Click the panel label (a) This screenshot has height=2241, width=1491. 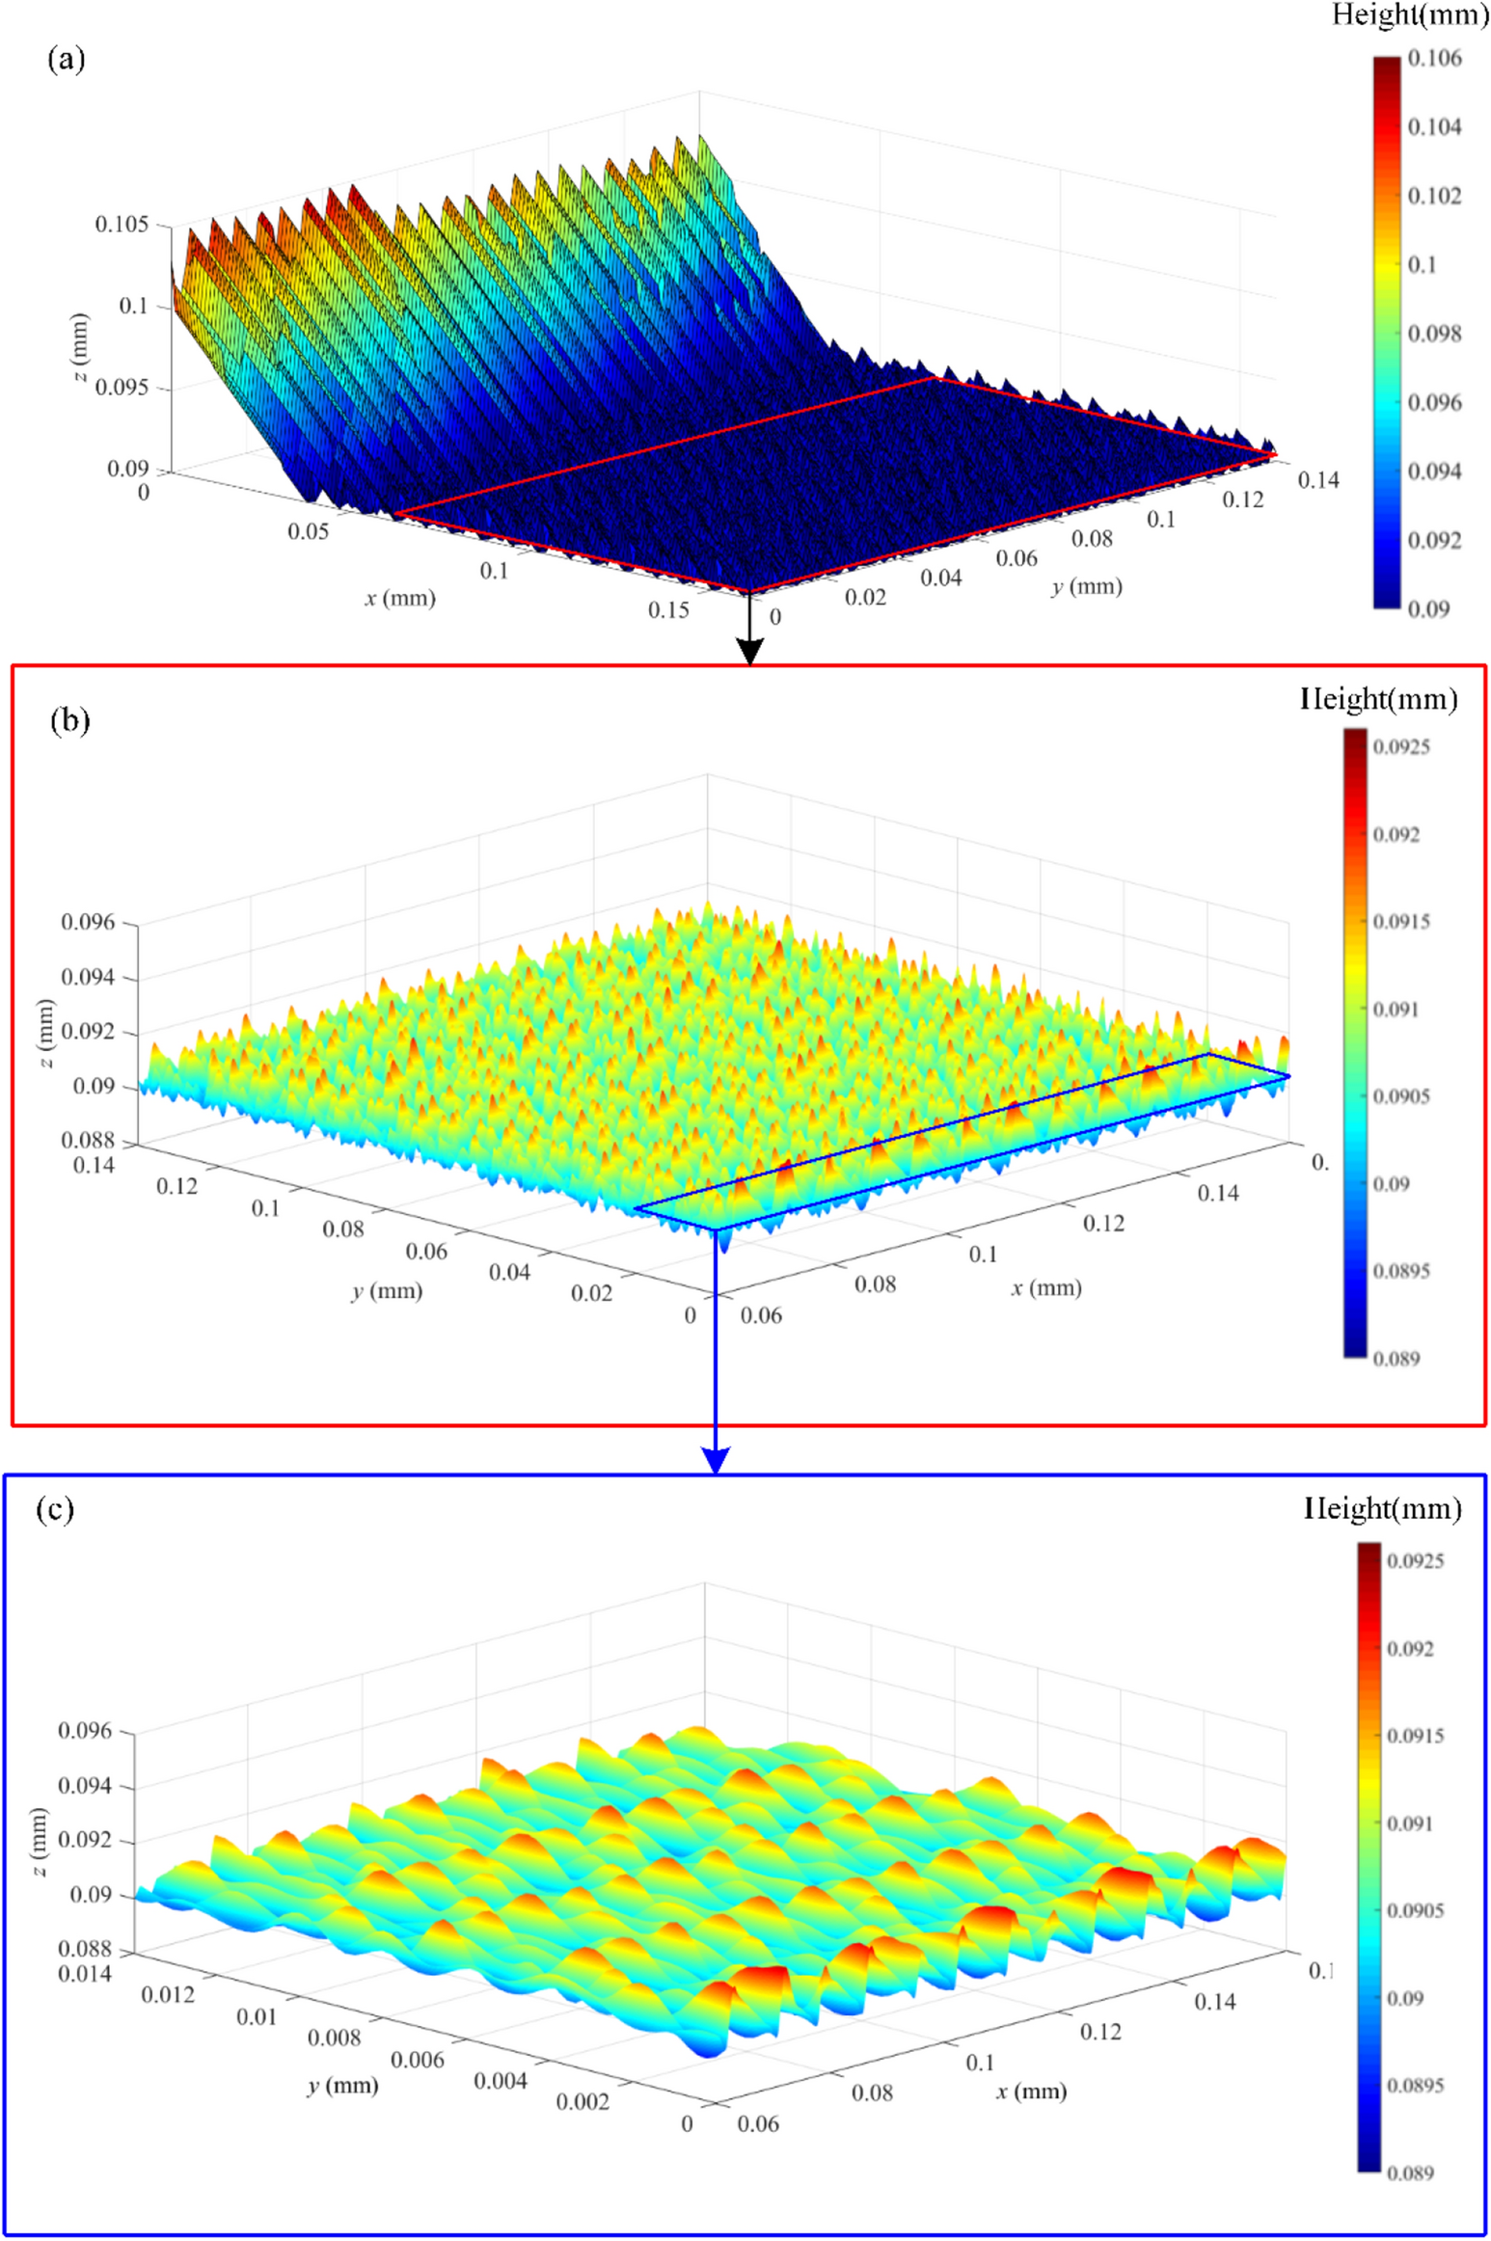coord(66,60)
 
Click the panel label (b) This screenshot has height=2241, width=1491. coord(69,721)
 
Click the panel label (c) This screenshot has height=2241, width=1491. coord(55,1509)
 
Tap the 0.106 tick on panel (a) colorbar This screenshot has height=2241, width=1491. coord(1434,59)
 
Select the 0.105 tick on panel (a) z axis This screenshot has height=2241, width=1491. coord(122,225)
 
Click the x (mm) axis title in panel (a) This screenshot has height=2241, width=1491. coord(400,599)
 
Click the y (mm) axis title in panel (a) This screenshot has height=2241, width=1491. coord(1087,586)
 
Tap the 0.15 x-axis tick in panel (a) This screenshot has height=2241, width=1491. coord(669,609)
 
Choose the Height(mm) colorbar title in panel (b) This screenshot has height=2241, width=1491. coord(1379,699)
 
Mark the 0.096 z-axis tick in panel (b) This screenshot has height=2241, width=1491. coord(89,923)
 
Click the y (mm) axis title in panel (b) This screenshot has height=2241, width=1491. coord(387,1291)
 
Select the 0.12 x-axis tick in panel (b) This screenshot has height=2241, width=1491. coord(1103,1224)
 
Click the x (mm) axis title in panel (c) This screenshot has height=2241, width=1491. coord(1032,2092)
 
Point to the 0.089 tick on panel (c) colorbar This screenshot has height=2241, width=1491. coord(1410,2173)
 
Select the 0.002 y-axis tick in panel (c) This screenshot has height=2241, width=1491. coord(583,2101)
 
